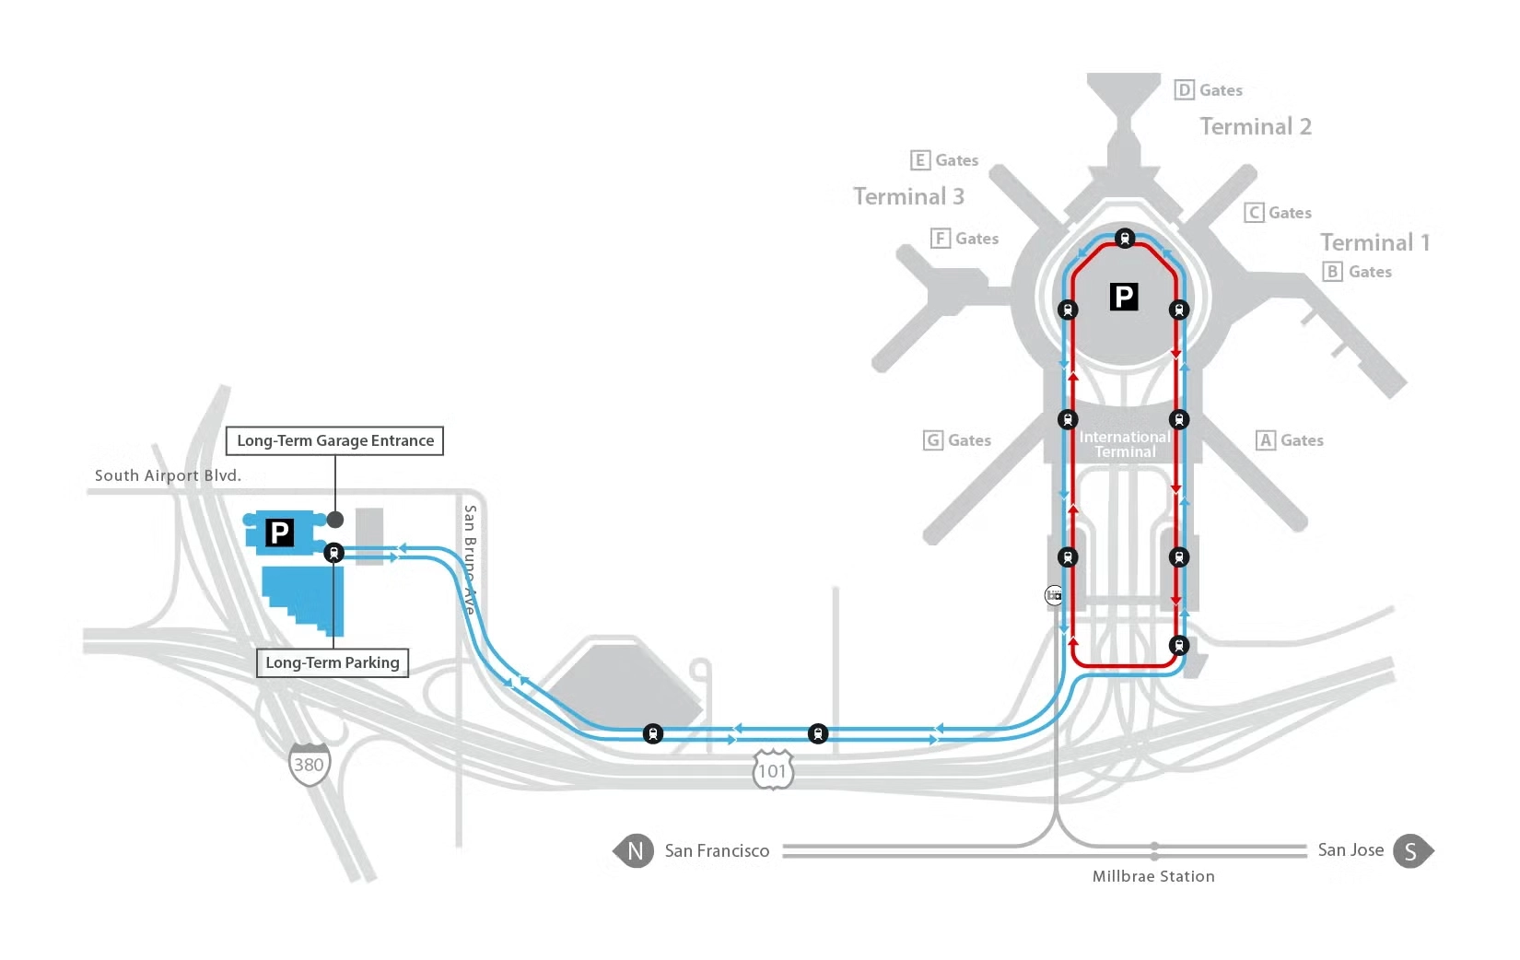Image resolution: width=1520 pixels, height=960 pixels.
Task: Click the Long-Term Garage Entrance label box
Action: click(334, 440)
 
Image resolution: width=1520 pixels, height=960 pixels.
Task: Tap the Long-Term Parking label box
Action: click(332, 662)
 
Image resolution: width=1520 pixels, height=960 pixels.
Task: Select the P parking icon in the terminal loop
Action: click(1124, 297)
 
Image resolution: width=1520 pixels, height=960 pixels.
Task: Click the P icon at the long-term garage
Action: click(279, 533)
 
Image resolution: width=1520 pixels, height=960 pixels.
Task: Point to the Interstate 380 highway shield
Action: click(309, 764)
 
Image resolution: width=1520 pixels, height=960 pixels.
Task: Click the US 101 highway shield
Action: click(772, 770)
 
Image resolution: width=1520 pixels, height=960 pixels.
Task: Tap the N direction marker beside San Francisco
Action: click(634, 851)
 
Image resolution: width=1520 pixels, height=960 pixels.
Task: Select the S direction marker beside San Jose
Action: click(1410, 851)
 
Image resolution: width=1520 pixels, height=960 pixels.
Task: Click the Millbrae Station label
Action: click(1152, 876)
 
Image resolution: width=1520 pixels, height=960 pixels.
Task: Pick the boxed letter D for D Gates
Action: click(1185, 90)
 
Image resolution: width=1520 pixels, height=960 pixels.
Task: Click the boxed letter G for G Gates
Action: click(933, 440)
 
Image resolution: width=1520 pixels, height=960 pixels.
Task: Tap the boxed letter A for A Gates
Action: click(1266, 440)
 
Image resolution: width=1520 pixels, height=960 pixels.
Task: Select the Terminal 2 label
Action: click(1255, 126)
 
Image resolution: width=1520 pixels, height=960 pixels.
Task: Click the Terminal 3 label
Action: click(908, 196)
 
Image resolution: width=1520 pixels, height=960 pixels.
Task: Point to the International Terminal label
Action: click(1125, 444)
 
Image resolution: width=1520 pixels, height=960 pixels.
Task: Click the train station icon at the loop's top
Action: click(1124, 239)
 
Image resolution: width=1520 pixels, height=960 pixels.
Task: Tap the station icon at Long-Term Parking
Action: click(333, 553)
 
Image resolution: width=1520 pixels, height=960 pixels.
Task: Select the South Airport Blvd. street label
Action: click(168, 475)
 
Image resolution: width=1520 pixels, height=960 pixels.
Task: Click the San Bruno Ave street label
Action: click(470, 558)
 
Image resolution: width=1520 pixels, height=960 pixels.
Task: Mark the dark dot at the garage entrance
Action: click(335, 520)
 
